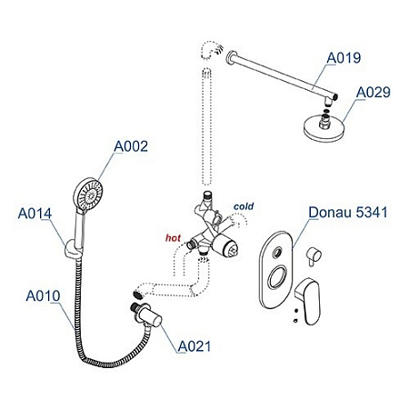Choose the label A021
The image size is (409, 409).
(x=195, y=345)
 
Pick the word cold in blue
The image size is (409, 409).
(x=244, y=207)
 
